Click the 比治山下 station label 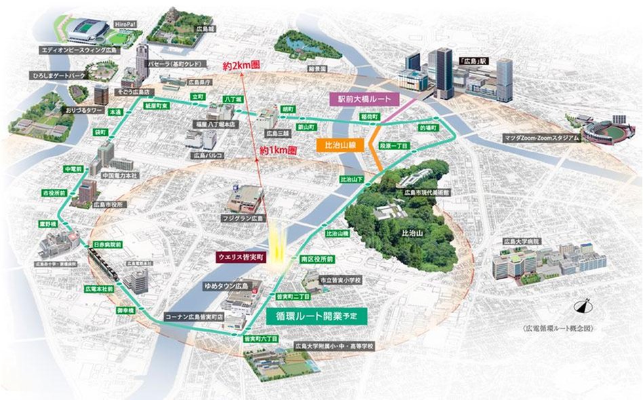[x=353, y=179]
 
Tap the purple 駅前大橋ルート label [x=365, y=98]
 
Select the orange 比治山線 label [x=337, y=145]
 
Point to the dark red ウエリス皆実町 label [x=240, y=257]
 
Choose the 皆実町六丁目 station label [x=257, y=338]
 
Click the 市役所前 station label [x=54, y=193]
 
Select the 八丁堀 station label [x=233, y=99]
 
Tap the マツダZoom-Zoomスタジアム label [x=541, y=138]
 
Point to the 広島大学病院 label [x=521, y=242]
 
